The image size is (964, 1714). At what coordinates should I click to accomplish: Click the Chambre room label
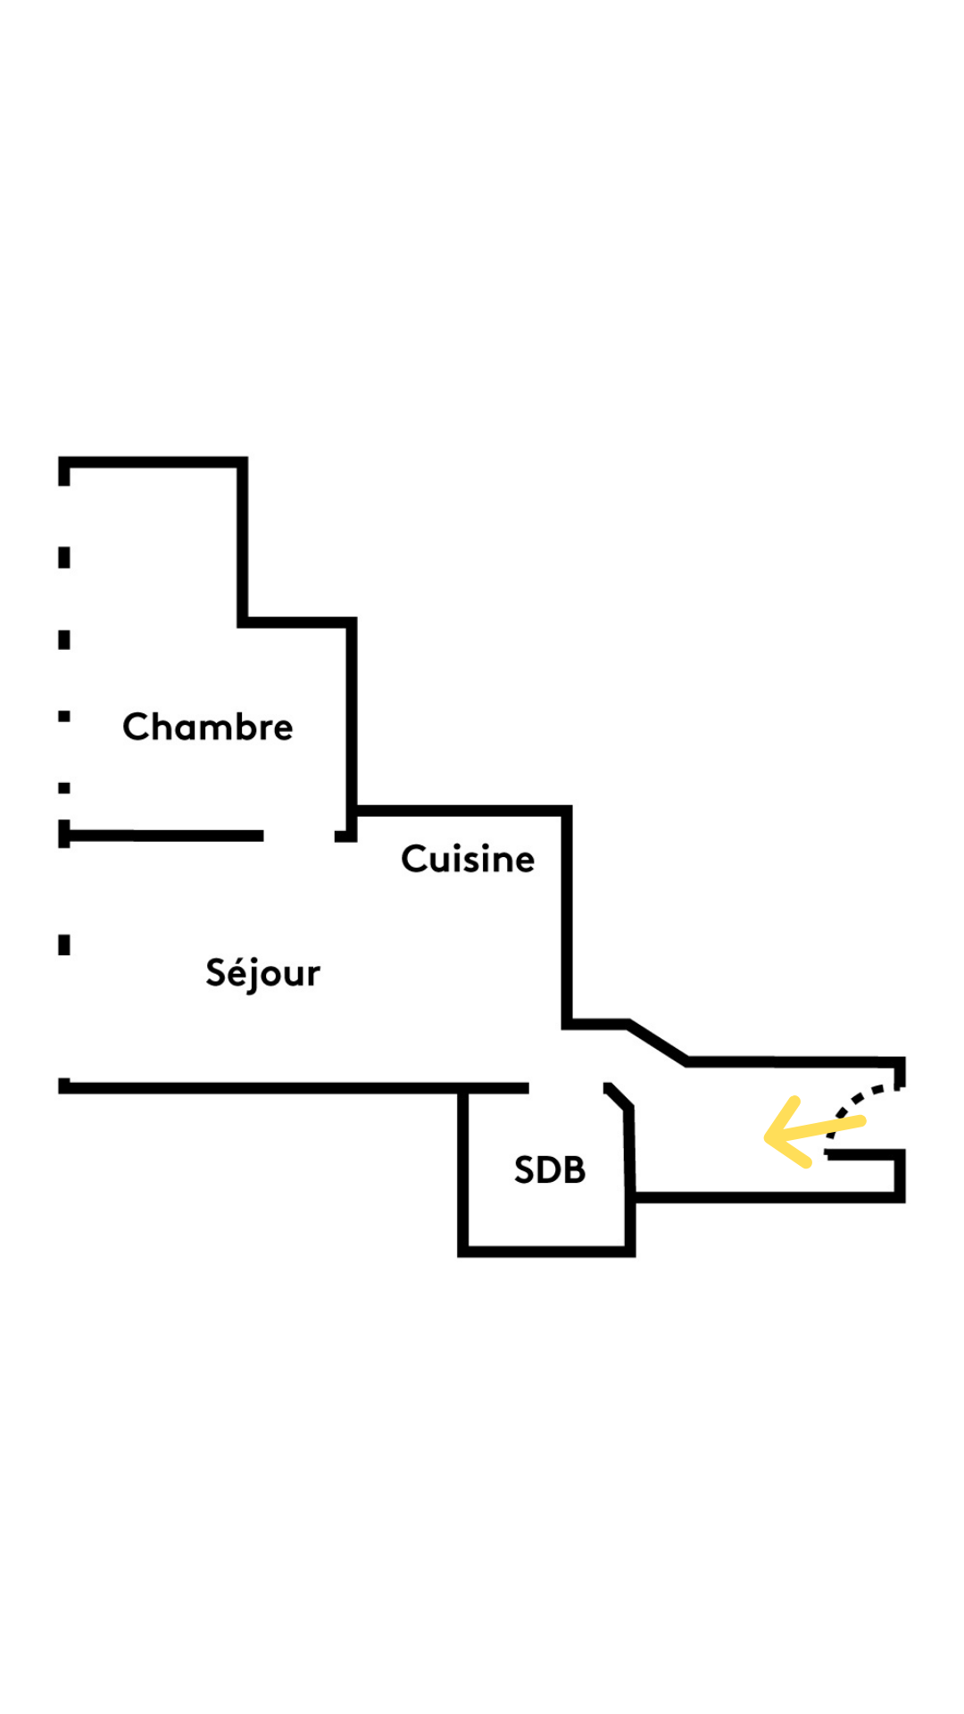click(207, 728)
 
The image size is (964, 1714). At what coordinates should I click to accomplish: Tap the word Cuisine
click(468, 859)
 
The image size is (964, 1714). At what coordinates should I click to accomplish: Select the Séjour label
click(262, 973)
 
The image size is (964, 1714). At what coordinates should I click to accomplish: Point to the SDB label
click(550, 1169)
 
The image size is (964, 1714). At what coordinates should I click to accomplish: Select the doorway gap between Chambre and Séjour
click(299, 836)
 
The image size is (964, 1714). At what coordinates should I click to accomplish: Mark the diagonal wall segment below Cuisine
click(658, 1042)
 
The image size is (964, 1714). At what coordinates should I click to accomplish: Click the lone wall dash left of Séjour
click(64, 944)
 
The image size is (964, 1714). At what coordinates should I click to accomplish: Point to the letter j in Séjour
click(255, 976)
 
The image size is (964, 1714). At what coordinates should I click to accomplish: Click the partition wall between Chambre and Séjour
click(165, 836)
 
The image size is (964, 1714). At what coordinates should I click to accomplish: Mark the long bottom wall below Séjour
click(295, 1088)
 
